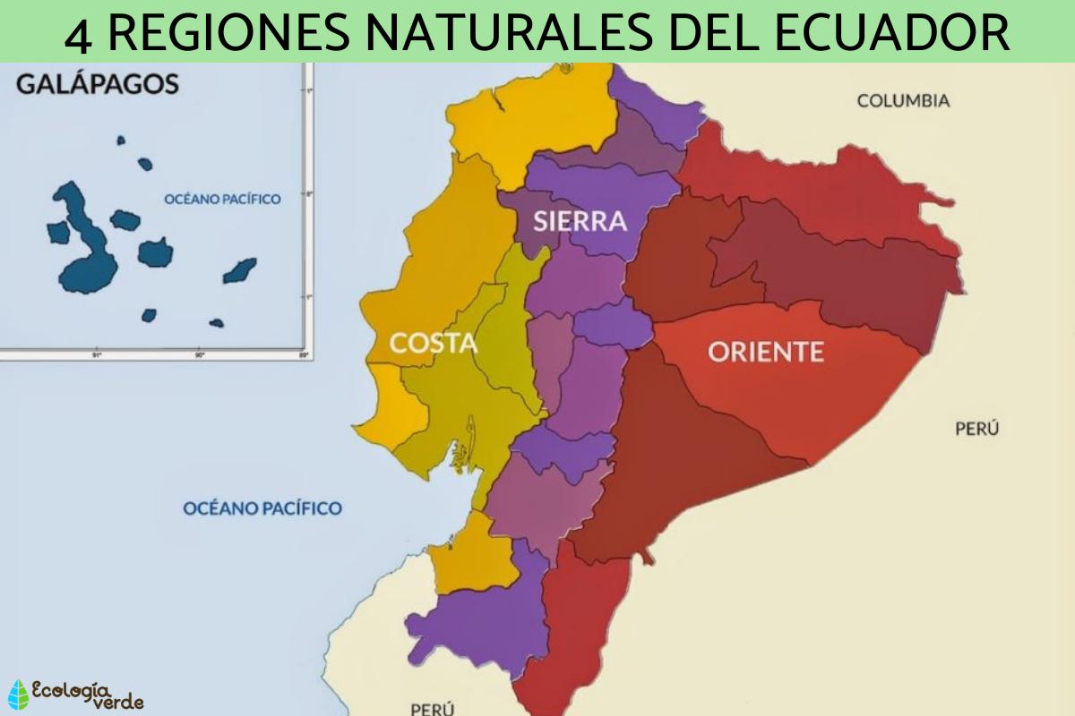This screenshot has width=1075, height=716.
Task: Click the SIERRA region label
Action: click(580, 221)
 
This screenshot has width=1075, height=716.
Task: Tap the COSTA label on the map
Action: click(433, 343)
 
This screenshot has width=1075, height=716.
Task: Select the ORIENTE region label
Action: click(765, 352)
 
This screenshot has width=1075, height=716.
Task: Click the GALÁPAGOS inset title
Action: click(98, 85)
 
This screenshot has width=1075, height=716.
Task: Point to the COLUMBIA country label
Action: click(903, 100)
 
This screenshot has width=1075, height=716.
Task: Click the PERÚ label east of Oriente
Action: click(976, 429)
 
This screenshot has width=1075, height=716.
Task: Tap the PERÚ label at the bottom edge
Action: click(434, 708)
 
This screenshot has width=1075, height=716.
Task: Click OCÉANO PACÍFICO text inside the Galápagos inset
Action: click(222, 199)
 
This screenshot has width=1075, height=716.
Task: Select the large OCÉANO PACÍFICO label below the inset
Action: click(262, 508)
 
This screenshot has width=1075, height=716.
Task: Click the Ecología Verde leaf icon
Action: click(18, 695)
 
